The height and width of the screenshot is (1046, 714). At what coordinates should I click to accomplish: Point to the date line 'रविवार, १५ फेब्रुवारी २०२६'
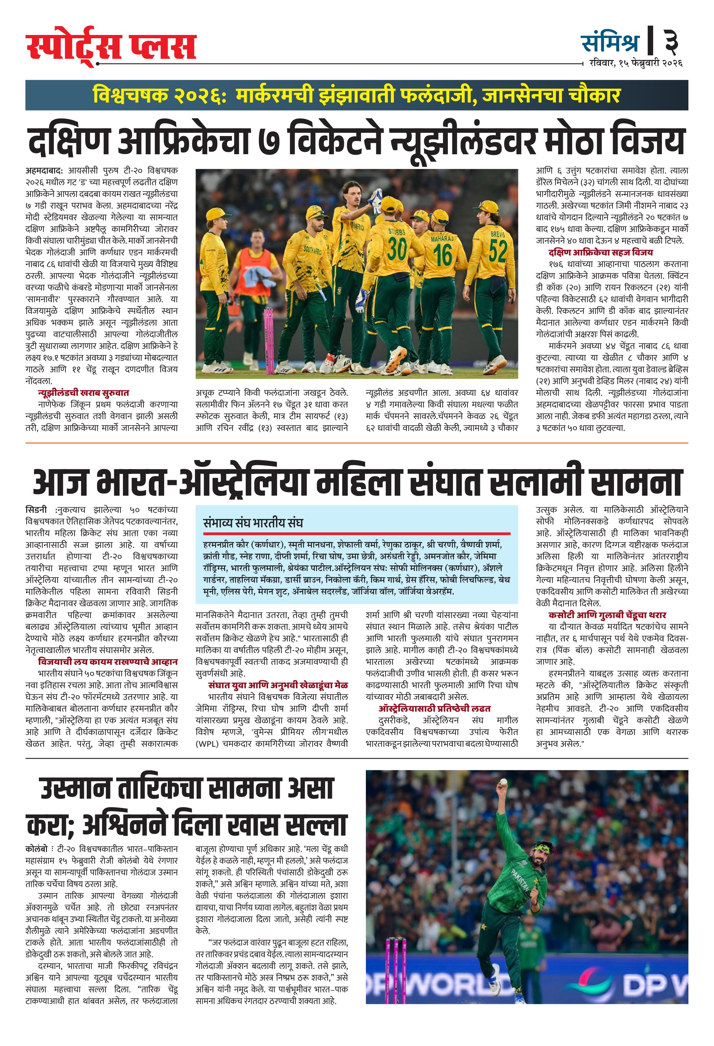click(x=636, y=63)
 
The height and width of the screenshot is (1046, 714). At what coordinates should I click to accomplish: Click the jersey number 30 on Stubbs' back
click(x=397, y=248)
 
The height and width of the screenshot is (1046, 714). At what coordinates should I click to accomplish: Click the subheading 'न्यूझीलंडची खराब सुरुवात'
click(x=83, y=393)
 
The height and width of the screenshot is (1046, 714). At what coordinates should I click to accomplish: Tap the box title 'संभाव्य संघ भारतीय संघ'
click(x=253, y=523)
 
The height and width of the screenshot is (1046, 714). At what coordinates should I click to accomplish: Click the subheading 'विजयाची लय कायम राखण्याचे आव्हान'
click(x=108, y=661)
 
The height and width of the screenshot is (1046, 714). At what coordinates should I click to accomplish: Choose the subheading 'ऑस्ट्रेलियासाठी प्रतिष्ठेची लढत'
click(x=434, y=708)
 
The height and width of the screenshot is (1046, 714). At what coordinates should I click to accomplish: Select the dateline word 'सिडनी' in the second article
click(x=36, y=510)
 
